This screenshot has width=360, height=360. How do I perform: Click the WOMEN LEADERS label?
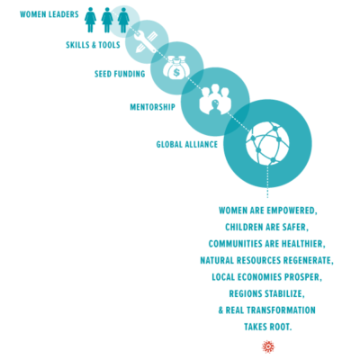pos(49,14)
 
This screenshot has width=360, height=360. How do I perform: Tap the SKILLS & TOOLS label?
pos(93,45)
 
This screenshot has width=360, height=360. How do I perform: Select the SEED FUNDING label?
pos(120,74)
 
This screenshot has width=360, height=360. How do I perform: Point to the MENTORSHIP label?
pos(152,107)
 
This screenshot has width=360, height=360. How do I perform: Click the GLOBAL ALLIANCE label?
pos(187,144)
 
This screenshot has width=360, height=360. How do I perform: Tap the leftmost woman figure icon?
pos(90,20)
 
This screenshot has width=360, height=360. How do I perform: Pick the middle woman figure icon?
pos(107,20)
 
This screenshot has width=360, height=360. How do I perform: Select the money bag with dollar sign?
pos(176,70)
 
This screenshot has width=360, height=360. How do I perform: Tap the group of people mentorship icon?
pos(215,99)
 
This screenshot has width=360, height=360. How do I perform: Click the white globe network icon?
pos(267,143)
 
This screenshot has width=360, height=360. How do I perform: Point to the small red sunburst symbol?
pos(268,346)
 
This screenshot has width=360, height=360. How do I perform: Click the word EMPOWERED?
pos(292,211)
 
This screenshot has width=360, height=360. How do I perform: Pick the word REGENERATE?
pos(308,260)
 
